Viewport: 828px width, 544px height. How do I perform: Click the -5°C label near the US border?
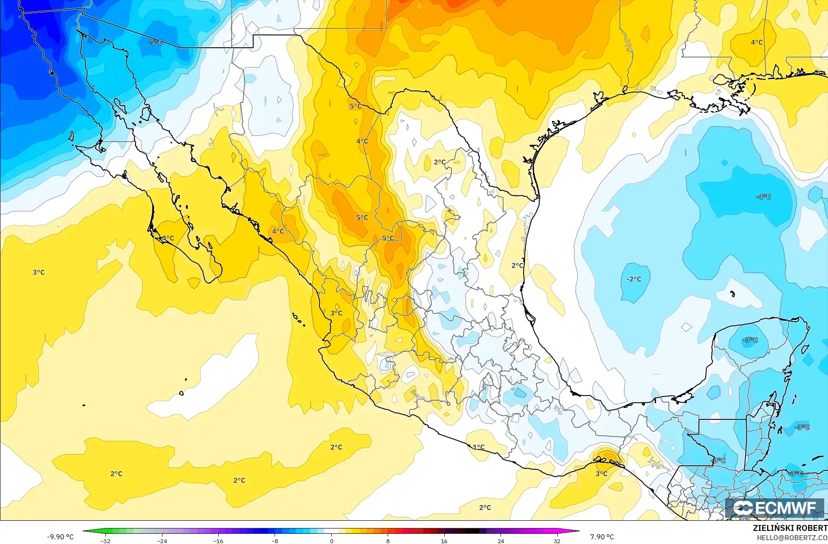click(x=155, y=43)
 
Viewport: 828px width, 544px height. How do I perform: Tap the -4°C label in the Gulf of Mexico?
click(x=763, y=197)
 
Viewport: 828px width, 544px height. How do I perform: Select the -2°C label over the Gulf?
click(x=634, y=279)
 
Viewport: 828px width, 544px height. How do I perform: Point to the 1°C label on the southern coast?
click(x=479, y=447)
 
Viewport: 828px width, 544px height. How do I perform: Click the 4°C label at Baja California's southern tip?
click(x=168, y=238)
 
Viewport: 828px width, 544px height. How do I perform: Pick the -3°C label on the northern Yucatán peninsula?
click(x=750, y=340)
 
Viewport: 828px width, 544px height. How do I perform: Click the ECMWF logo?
click(x=775, y=508)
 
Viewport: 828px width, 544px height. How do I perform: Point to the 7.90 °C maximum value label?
click(x=602, y=537)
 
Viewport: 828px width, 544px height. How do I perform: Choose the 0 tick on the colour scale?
click(x=331, y=541)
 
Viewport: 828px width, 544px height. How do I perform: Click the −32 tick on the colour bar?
click(x=105, y=541)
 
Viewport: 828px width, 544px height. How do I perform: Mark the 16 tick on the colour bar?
click(x=444, y=541)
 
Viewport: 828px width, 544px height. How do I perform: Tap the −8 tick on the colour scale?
click(x=275, y=541)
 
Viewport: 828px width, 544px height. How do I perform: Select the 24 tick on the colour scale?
click(x=501, y=541)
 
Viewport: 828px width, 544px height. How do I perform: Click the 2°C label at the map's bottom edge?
click(x=485, y=508)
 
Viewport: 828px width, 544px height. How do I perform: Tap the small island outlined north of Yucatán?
click(x=732, y=293)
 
